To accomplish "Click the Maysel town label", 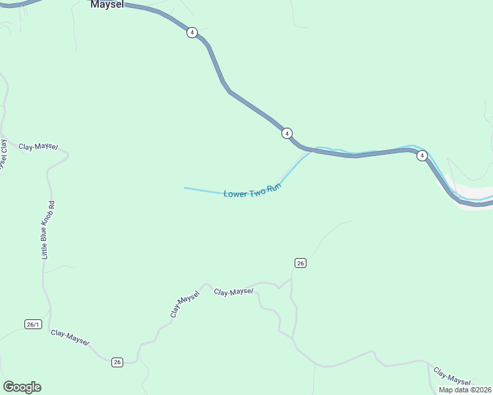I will coord(107,4).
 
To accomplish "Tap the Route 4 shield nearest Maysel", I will coord(191,32).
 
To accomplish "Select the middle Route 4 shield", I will coord(287,133).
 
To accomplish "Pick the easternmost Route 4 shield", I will coord(422,156).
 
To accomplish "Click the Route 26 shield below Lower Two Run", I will coord(300,263).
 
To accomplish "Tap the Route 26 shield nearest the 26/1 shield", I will coord(117,362).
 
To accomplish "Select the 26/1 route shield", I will coord(33,324).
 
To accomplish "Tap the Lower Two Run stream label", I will coord(252,191).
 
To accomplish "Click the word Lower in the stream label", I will coord(235,194).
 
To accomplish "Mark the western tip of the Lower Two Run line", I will coord(185,188).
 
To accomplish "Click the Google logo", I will coord(22,387).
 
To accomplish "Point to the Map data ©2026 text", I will coord(465,390).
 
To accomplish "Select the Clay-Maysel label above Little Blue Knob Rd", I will coord(38,147).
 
